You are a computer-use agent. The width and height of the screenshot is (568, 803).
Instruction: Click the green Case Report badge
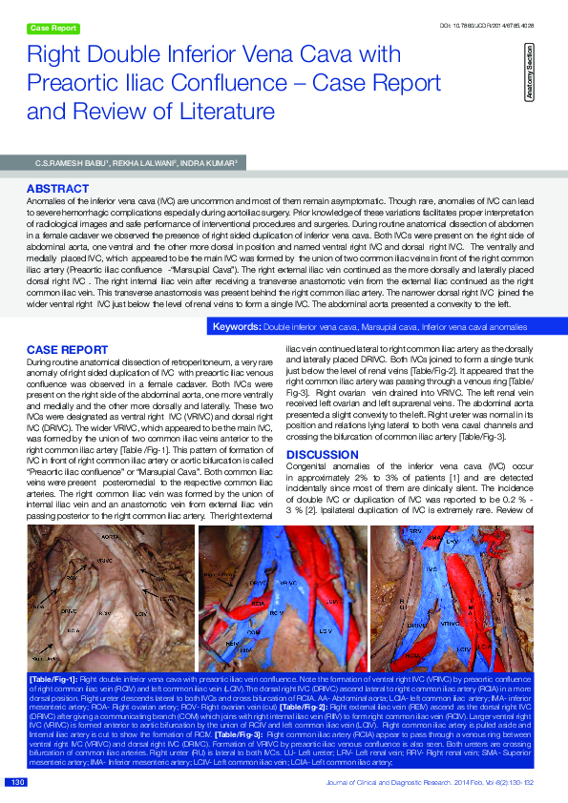pyautogui.click(x=53, y=29)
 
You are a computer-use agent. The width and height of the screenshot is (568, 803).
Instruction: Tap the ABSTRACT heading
pyautogui.click(x=58, y=189)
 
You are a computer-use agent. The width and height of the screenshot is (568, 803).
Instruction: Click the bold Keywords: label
pyautogui.click(x=237, y=327)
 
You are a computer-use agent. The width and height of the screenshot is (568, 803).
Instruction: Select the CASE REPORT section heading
pyautogui.click(x=67, y=350)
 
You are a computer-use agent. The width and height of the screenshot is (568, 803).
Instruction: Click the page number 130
pyautogui.click(x=16, y=783)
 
